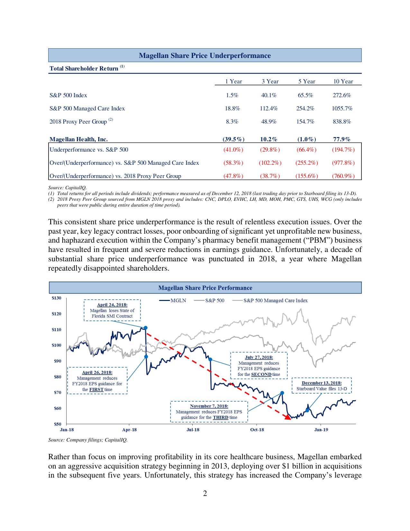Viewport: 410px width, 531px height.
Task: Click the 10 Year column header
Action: tap(343, 81)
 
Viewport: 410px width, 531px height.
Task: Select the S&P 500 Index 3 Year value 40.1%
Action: tap(269, 95)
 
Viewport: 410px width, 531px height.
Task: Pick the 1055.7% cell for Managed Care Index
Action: tap(342, 108)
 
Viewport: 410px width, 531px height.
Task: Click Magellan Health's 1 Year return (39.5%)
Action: tap(233, 139)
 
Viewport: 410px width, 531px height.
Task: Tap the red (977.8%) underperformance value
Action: tap(343, 163)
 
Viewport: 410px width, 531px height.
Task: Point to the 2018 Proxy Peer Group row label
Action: tap(78, 122)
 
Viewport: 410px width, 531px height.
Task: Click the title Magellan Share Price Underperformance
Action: tap(205, 55)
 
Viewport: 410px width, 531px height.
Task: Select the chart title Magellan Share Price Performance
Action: tap(205, 288)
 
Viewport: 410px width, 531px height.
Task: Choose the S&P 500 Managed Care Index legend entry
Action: tap(275, 300)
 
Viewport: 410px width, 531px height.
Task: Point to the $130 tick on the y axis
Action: tap(56, 298)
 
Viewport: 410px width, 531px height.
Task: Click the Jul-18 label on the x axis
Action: tap(193, 430)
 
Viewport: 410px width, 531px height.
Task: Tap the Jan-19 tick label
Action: tap(321, 430)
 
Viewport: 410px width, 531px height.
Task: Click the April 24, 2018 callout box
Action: tap(112, 310)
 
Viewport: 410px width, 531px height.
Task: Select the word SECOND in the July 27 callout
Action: tap(261, 374)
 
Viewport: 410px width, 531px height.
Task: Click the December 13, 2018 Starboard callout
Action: tap(322, 386)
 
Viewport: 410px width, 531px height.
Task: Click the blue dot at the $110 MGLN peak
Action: tap(146, 328)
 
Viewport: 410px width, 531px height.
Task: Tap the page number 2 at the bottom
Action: tap(205, 493)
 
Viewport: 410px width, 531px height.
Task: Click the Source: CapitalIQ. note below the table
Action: tap(68, 188)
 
